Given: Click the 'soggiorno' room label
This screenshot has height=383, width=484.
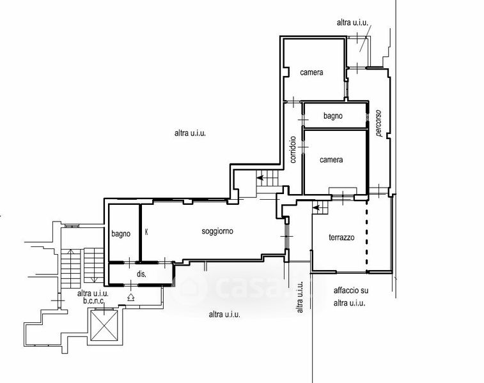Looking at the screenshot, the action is tap(217, 231).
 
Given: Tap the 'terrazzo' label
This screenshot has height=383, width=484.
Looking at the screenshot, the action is tap(341, 237).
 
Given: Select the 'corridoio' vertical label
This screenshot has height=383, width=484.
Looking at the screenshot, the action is tap(293, 150).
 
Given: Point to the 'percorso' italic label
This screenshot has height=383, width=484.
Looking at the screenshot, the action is tap(379, 123).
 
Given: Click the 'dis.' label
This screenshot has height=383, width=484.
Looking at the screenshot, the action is tap(141, 274).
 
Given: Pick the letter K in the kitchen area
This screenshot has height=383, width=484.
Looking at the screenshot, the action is tap(146, 232).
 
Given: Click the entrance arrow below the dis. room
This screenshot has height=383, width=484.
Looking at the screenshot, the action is tap(131, 297).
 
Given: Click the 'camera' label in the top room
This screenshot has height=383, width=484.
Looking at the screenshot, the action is tap(311, 72).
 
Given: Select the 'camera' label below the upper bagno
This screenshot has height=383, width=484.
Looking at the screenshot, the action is tap(331, 160).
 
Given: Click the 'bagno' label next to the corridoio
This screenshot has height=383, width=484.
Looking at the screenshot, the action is tap(332, 116).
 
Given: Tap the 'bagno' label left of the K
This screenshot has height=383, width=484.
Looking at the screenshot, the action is tap(121, 234).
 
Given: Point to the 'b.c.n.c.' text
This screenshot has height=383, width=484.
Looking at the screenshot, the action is tap(93, 301).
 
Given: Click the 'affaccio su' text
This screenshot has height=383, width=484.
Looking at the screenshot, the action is tap(351, 290).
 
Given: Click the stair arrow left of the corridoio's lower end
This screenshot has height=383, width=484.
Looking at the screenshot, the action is tap(260, 177).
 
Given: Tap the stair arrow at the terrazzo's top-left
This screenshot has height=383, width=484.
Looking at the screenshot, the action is tap(315, 207).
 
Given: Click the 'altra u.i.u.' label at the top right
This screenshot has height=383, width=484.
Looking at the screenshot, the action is tap(352, 22).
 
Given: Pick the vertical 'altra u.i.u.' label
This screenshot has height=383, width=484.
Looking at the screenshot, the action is tap(300, 297).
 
